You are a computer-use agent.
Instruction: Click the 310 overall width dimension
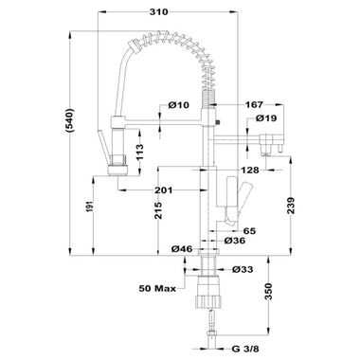[159, 12]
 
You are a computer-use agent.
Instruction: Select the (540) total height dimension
[69, 120]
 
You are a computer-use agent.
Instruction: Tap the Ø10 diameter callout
[179, 105]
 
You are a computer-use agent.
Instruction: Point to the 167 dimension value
[254, 104]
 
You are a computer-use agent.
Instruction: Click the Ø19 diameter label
[266, 118]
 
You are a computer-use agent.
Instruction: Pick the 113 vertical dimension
[139, 153]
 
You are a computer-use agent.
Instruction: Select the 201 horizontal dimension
[164, 190]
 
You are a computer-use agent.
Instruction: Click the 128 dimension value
[250, 171]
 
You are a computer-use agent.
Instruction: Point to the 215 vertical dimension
[159, 210]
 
